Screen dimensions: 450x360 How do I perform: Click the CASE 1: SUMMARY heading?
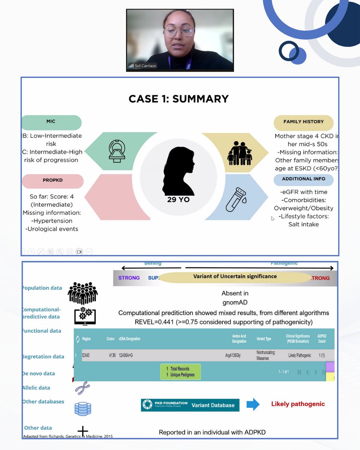[178, 99]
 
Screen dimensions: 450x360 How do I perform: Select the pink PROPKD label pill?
[52, 181]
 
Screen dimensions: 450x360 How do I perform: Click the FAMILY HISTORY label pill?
[303, 122]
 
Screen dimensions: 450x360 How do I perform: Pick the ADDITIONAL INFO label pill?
[303, 179]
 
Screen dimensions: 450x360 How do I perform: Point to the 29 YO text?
[178, 200]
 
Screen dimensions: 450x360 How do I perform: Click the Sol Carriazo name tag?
[142, 66]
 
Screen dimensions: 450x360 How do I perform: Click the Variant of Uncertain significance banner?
[235, 277]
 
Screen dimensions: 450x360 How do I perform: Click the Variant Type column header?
[265, 339]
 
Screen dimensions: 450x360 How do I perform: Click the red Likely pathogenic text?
[298, 404]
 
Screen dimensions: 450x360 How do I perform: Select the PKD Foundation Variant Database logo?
[190, 405]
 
